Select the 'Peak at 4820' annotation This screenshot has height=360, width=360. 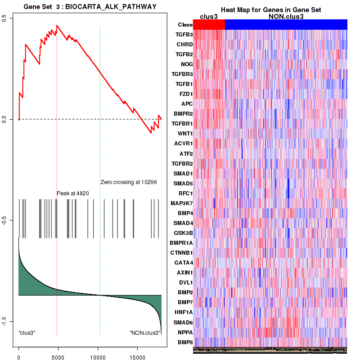(x=73, y=193)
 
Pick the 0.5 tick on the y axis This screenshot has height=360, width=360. (x=4, y=18)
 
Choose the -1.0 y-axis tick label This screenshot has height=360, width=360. (x=4, y=320)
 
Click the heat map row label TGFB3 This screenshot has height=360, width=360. (x=184, y=35)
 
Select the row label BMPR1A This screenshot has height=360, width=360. (x=181, y=243)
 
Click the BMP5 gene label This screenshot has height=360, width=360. (x=185, y=342)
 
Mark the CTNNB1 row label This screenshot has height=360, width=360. (x=182, y=253)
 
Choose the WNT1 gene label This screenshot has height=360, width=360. (x=184, y=134)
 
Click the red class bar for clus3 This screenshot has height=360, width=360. (x=209, y=25)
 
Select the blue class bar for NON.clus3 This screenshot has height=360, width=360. (x=286, y=25)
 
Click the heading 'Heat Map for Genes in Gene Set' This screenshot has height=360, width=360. (x=271, y=10)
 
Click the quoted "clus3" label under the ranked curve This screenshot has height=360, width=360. (x=27, y=333)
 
